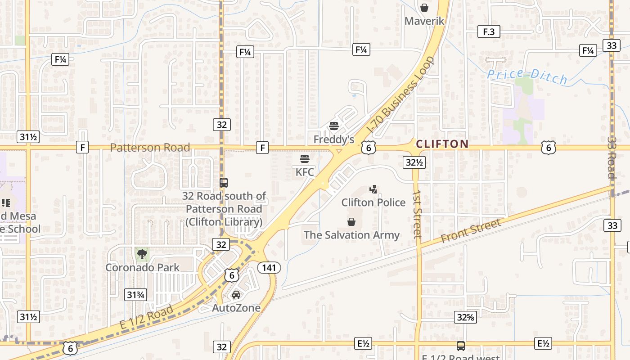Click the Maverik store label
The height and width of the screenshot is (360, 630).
point(424,21)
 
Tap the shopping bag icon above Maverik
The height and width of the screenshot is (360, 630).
point(424,8)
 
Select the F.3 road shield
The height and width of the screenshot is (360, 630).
point(488,31)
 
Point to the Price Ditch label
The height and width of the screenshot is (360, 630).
point(528,76)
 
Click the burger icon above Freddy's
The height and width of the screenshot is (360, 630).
point(333,126)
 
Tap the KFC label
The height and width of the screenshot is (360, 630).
point(305,172)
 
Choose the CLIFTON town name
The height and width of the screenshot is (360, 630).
point(442,144)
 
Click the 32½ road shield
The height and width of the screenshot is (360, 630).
point(414,162)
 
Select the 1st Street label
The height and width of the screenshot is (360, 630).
point(417,213)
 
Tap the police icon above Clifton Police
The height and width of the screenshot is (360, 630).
point(373,189)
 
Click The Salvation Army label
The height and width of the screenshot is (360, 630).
point(351,235)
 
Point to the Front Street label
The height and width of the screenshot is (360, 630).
point(470,231)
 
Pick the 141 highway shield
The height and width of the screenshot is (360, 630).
point(269,268)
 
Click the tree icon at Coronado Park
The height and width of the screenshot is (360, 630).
point(142,254)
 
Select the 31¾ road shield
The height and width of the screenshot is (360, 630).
point(135,295)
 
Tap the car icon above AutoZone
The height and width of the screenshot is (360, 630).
point(236,295)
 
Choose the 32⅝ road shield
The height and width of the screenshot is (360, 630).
point(465,317)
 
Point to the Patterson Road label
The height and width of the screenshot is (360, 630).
point(150,147)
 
